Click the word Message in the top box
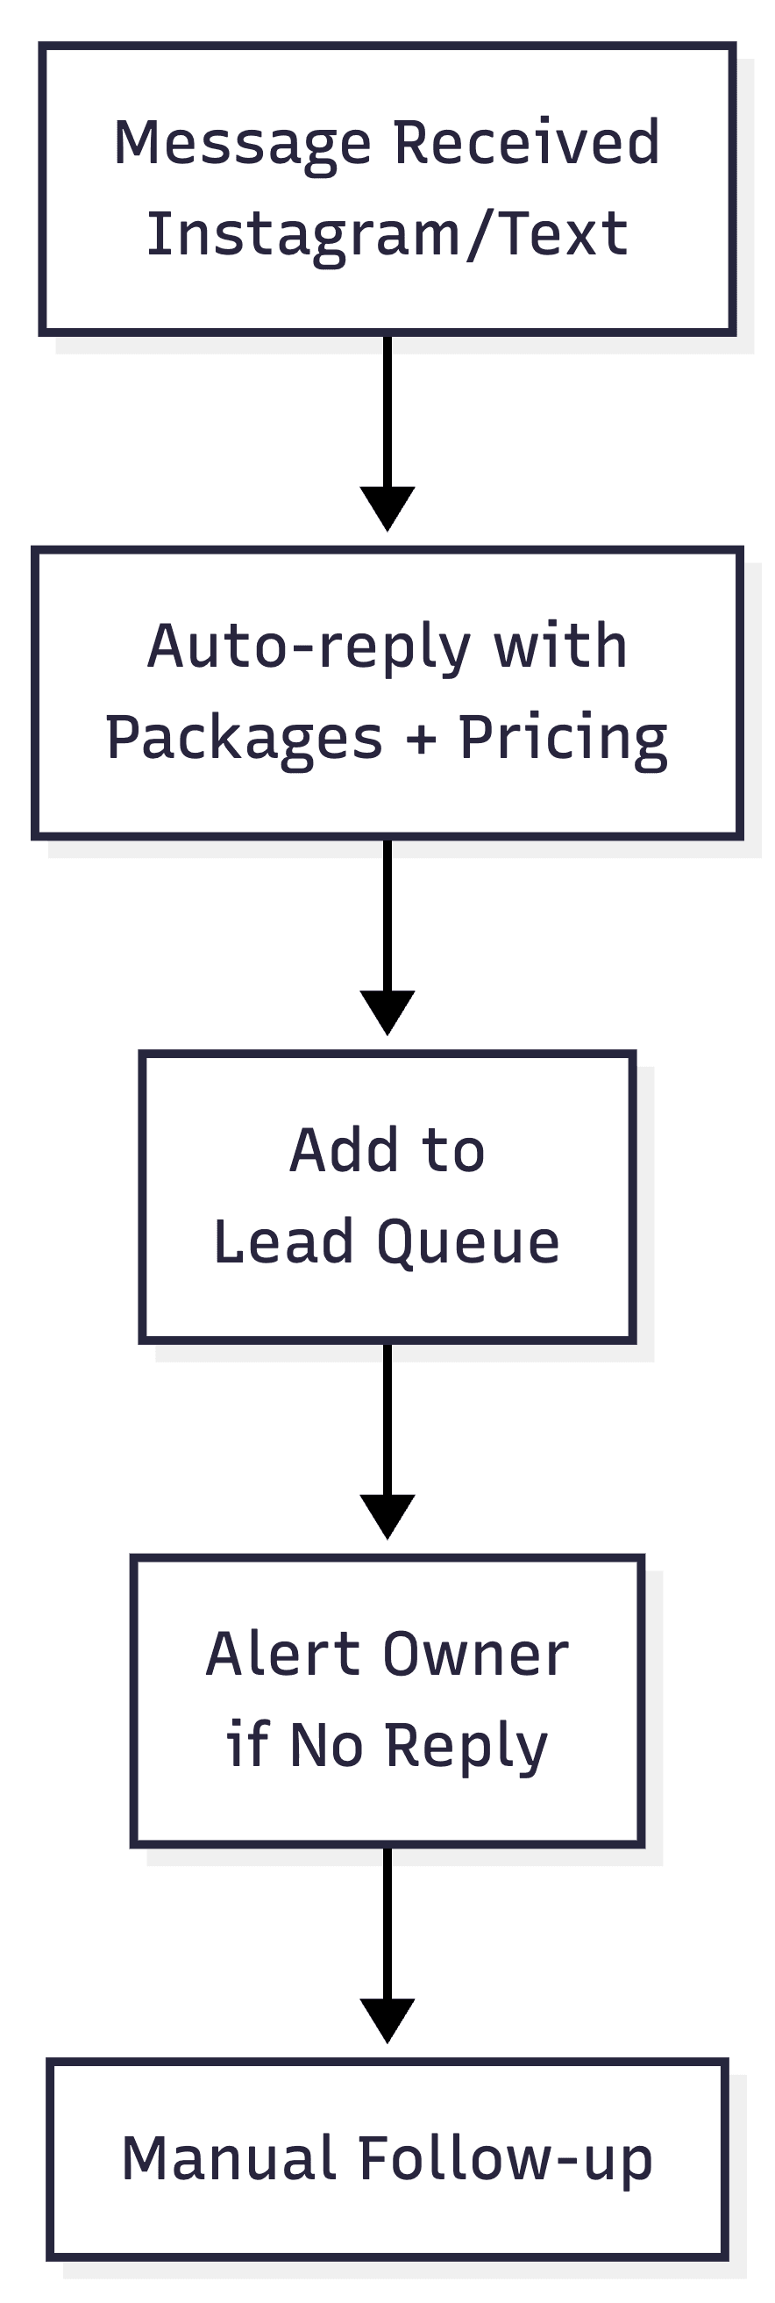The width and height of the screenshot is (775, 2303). [x=242, y=144]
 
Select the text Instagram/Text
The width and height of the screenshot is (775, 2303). [x=387, y=235]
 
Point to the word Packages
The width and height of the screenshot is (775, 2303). [x=244, y=740]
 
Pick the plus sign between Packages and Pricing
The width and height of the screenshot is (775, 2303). [x=421, y=740]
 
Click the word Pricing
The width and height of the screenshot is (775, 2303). [x=563, y=740]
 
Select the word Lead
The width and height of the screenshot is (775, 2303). [x=283, y=1242]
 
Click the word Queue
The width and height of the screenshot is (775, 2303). [x=468, y=1243]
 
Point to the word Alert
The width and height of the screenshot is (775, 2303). [x=282, y=1655]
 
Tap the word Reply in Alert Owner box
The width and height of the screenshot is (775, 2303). [x=466, y=1748]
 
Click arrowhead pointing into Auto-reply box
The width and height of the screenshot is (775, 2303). [x=387, y=507]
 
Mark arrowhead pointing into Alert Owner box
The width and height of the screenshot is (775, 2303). [x=387, y=1514]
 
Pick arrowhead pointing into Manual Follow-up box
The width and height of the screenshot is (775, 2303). [x=387, y=2019]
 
